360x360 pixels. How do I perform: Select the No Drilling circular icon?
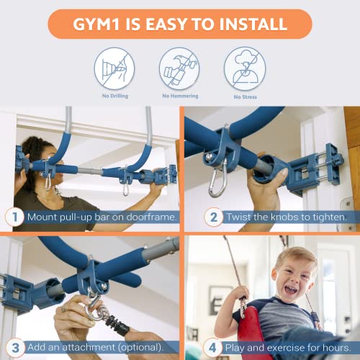114,68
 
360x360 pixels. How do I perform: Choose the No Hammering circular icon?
179,68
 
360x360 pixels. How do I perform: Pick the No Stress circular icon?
245,68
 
